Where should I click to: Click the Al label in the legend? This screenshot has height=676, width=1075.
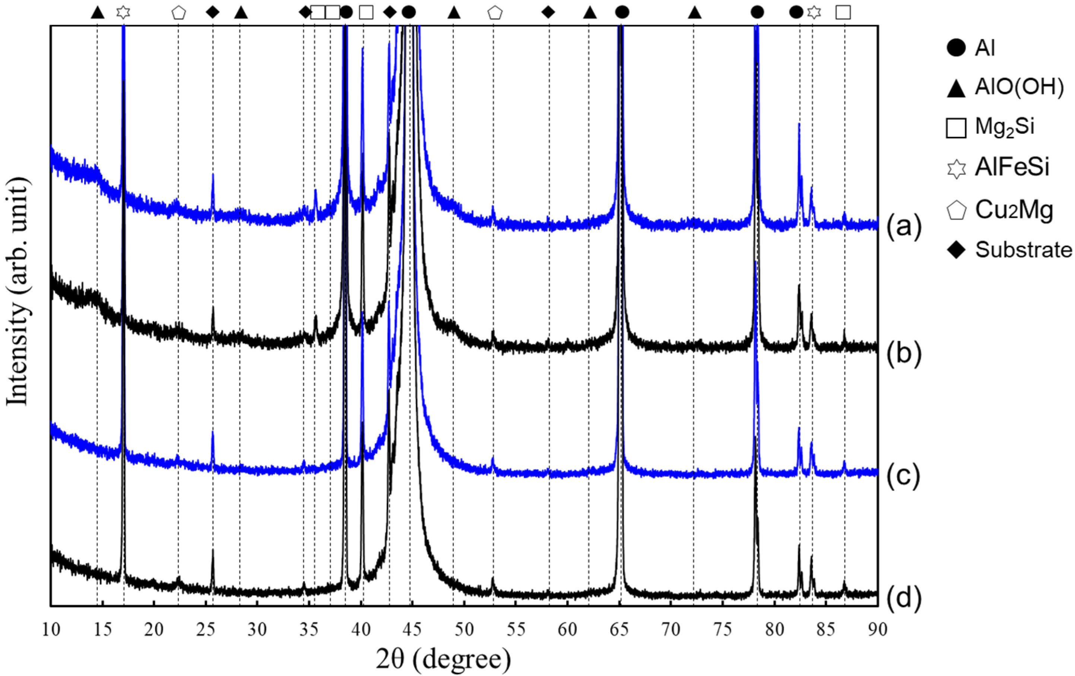(985, 48)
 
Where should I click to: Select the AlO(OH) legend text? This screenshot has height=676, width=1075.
(1019, 87)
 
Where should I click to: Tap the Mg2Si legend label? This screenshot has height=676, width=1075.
(1005, 127)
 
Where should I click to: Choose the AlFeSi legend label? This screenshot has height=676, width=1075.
(1012, 167)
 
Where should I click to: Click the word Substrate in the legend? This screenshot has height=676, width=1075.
(1023, 250)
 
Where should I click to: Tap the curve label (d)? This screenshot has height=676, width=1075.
(904, 597)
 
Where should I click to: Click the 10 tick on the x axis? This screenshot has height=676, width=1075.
(51, 629)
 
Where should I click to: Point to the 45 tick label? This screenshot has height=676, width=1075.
(412, 629)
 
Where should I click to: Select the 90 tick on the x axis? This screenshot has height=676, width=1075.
(877, 629)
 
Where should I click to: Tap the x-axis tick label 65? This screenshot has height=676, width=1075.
(619, 629)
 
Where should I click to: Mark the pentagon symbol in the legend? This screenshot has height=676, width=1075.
(956, 210)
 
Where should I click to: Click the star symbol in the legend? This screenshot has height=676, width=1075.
(956, 169)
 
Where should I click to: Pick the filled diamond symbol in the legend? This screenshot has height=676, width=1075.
(956, 250)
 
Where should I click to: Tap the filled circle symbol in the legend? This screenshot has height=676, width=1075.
(956, 48)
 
